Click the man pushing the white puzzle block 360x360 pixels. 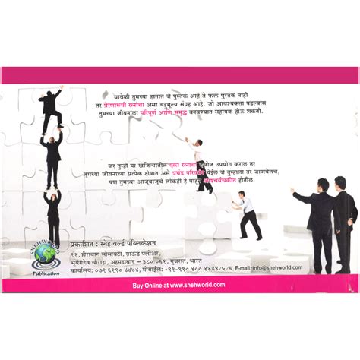(248, 214)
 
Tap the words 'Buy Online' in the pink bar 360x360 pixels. (148, 284)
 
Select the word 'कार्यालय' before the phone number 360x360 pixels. (82, 268)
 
